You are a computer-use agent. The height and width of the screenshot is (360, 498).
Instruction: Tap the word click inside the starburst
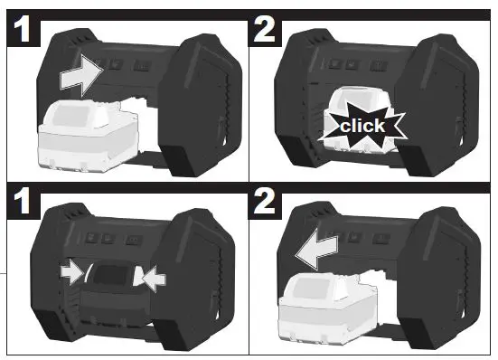click(x=362, y=125)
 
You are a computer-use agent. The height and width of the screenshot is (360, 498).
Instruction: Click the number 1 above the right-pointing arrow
click(x=24, y=31)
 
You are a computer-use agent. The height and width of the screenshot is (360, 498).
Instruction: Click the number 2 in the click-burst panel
click(x=268, y=31)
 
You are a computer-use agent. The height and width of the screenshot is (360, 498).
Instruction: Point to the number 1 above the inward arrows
click(x=24, y=204)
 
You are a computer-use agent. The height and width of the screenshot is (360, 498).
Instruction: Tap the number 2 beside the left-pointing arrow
click(x=268, y=204)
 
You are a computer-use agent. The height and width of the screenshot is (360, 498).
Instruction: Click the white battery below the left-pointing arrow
click(x=330, y=308)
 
